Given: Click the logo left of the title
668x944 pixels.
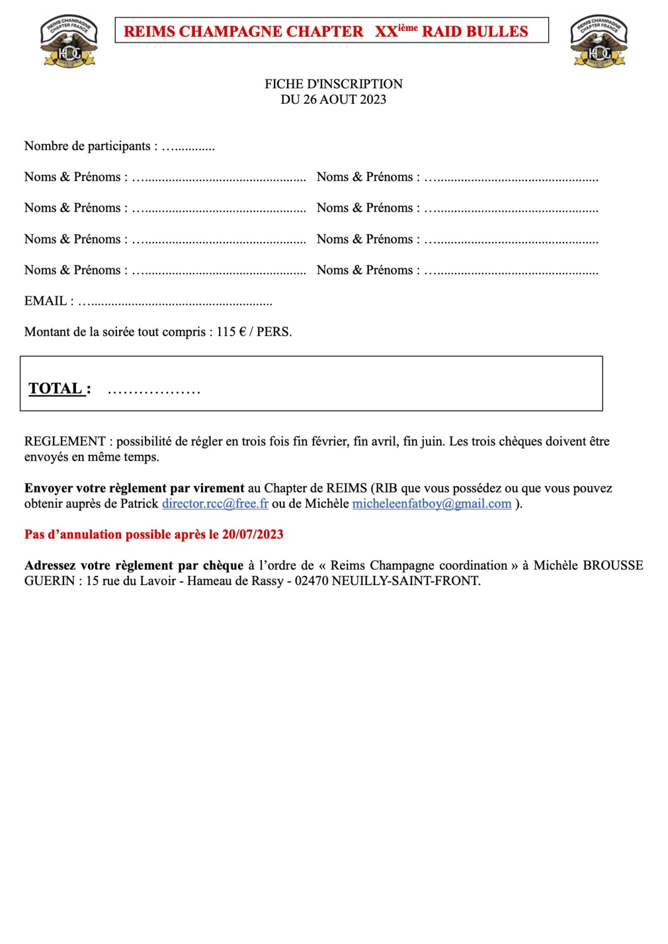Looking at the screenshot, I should pos(69,41).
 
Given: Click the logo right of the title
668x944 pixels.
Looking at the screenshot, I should pos(599,41).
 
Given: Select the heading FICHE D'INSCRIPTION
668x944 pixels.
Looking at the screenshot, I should pos(333,84).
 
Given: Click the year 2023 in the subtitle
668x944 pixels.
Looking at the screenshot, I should pos(373,99).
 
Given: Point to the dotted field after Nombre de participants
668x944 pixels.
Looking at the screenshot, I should pos(188,147).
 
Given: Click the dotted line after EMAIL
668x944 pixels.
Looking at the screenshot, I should pos(175,302).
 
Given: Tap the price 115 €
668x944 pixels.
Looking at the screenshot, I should pos(230,332).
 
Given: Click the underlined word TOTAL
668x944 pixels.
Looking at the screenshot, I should pos(55,389).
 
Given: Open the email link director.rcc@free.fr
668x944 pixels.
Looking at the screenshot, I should pos(215,503).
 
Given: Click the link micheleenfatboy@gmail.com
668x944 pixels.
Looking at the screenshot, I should pos(432,503).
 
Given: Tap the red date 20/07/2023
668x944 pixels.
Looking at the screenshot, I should pos(253,534).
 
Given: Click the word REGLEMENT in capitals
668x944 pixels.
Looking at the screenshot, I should pos(65,441).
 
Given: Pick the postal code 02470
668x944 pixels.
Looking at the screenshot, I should pos(311,581).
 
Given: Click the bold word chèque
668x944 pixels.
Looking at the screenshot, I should pos(223,565).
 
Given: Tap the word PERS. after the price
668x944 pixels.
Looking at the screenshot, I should pos(274,332).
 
